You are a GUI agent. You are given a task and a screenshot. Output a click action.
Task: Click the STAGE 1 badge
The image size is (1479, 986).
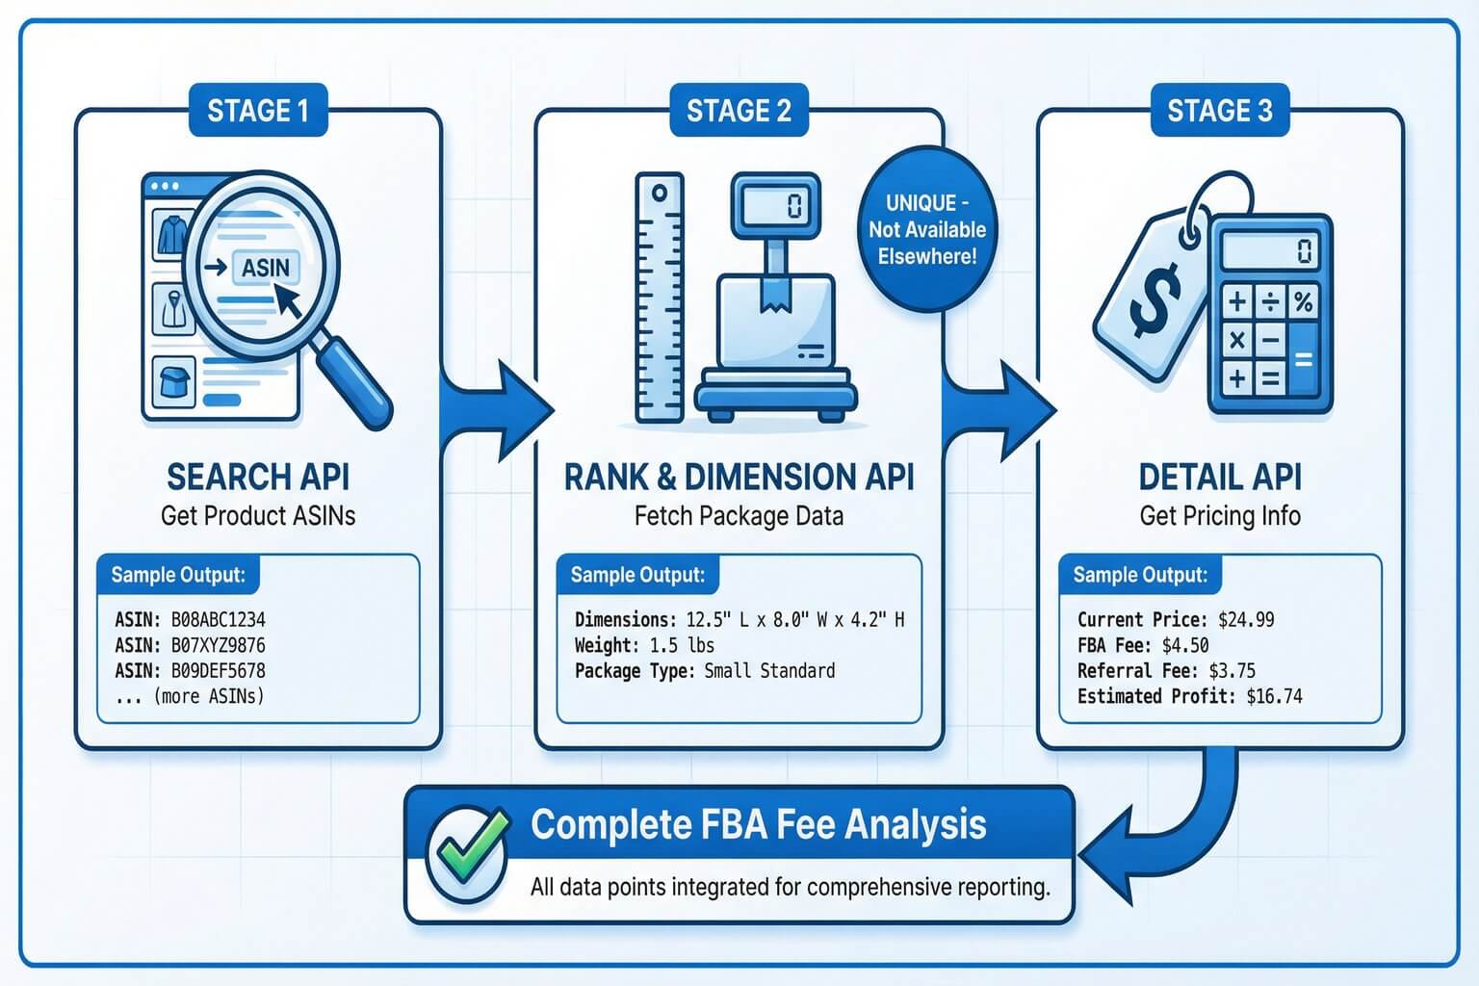[x=257, y=111]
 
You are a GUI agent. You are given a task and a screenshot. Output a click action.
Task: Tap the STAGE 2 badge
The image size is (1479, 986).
[x=739, y=111]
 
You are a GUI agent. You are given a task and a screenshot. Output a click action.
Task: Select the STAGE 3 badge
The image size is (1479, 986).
[x=1219, y=111]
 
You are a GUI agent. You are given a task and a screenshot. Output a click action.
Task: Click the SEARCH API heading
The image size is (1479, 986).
[x=258, y=477]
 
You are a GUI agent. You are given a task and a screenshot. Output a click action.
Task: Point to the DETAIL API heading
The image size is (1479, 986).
[x=1219, y=477]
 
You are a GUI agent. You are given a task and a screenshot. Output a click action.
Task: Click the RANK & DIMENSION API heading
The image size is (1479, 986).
[x=739, y=477]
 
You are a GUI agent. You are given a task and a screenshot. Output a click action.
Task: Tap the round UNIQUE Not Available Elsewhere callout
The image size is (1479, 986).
[x=926, y=229]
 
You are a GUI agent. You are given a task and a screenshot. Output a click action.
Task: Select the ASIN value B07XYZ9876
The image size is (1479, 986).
[x=218, y=645]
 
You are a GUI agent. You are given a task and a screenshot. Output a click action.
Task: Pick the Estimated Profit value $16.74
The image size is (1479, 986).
[x=1274, y=696]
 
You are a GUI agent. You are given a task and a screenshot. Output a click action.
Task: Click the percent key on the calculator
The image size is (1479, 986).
[x=1303, y=302]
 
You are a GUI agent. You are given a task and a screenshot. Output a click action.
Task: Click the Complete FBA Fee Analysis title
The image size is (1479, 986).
[x=758, y=824]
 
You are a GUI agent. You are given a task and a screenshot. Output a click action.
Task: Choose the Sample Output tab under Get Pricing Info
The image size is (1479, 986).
[x=1140, y=575]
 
